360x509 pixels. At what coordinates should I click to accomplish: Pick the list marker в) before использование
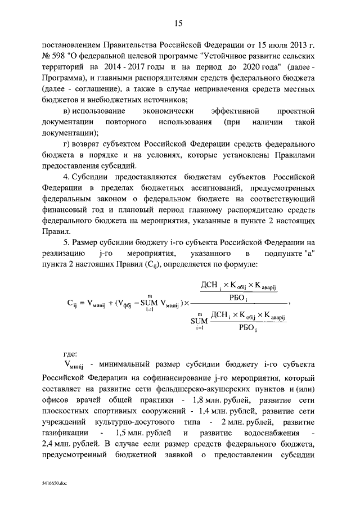(68, 111)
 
